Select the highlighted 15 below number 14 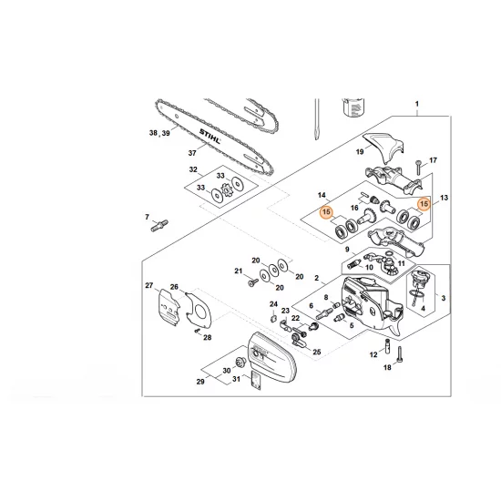coord(324,214)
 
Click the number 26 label coord(174,288)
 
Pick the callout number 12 coord(373,355)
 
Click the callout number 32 coord(192,170)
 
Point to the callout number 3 coord(443,297)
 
